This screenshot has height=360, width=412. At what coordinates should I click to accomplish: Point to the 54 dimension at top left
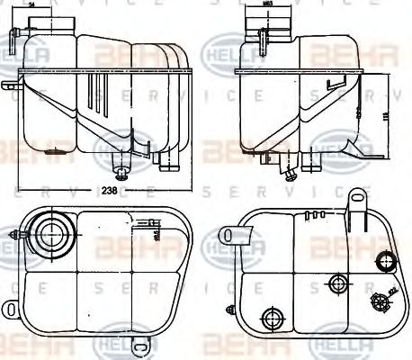(32, 6)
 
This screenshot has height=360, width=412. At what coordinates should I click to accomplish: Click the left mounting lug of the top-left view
(10, 86)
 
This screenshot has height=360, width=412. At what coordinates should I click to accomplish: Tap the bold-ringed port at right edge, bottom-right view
(387, 265)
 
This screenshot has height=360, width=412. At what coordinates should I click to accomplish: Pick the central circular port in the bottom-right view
(338, 284)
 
